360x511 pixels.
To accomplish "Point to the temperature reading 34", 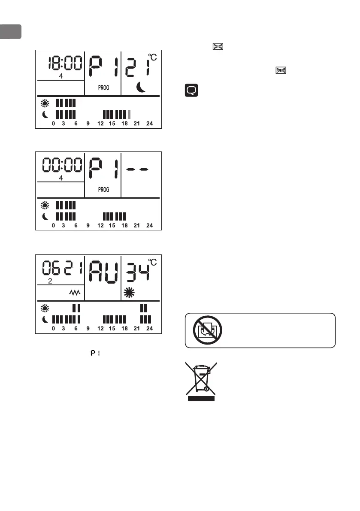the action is [137, 271].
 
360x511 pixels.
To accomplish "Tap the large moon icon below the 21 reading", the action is [141, 88].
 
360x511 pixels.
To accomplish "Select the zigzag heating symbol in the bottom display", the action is [75, 293].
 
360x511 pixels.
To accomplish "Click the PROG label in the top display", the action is [103, 88].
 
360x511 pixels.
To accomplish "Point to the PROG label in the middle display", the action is [103, 189].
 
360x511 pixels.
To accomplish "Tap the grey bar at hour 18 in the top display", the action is [129, 115].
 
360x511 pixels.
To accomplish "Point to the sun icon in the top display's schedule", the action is [45, 103].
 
